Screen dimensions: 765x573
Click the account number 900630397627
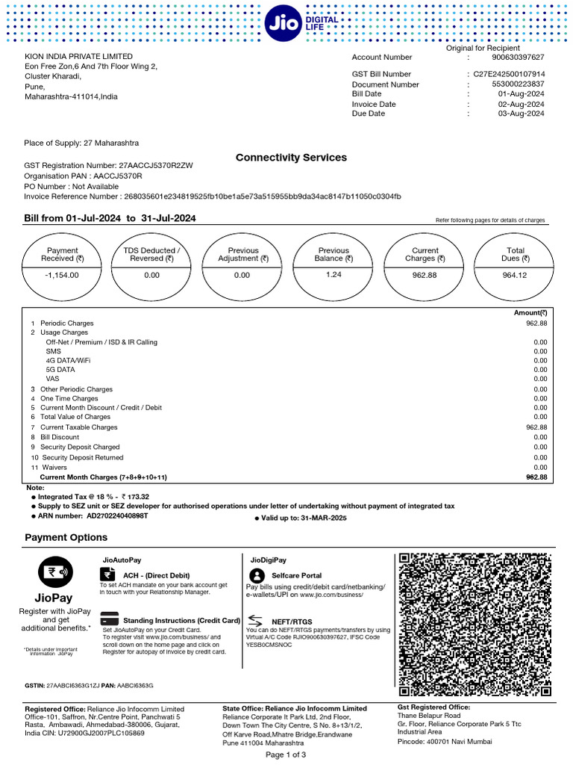[x=518, y=58]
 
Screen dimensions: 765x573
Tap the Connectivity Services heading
[x=291, y=158]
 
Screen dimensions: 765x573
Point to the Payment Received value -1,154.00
[x=62, y=275]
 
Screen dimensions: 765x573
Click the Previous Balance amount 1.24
[x=333, y=274]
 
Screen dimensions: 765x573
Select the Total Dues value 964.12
[x=515, y=275]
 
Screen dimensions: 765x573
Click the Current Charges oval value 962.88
[x=425, y=275]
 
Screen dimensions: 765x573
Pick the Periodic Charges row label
[x=66, y=323]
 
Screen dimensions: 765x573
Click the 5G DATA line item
[x=60, y=369]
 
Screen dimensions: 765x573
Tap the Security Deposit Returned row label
[x=82, y=457]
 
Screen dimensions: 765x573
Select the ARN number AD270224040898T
[x=117, y=516]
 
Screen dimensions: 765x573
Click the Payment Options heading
[x=66, y=537]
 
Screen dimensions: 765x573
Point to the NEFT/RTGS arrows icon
[x=255, y=620]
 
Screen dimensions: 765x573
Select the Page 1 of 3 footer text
[x=286, y=755]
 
